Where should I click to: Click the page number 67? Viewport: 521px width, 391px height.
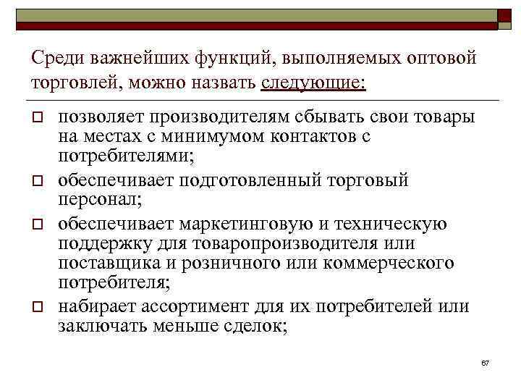coord(486,361)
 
